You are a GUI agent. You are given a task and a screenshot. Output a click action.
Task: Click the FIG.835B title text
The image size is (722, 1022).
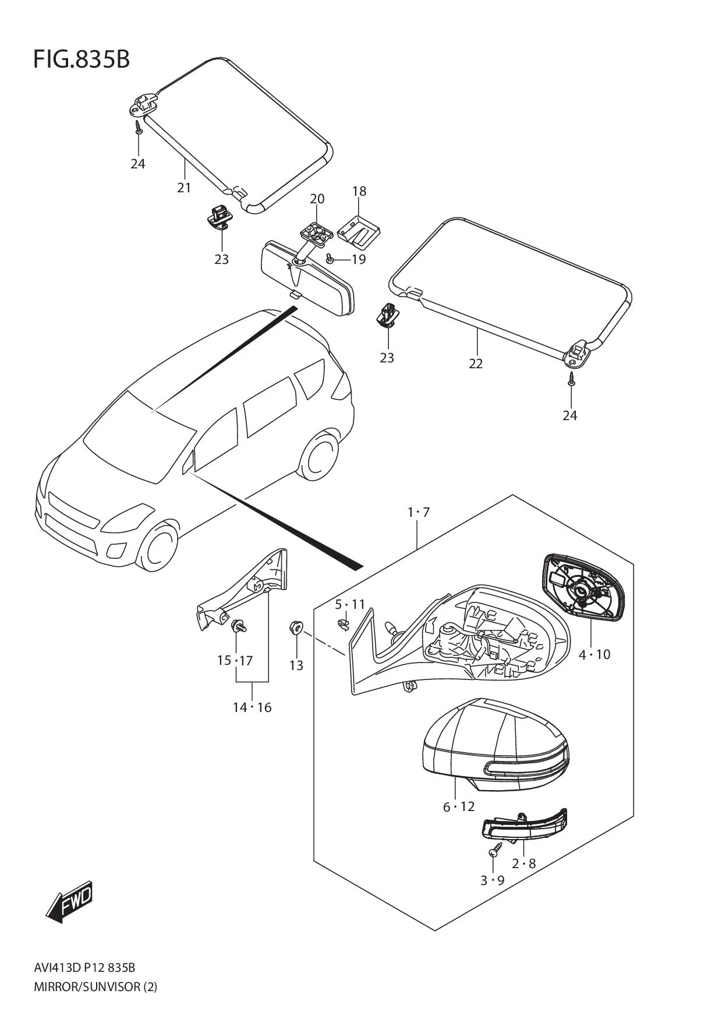click(82, 59)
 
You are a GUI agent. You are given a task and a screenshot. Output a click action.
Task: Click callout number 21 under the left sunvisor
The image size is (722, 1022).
click(184, 188)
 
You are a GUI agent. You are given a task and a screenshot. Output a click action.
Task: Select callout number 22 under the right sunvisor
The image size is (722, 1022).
click(476, 363)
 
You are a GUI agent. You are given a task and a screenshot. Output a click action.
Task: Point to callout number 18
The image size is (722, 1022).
click(359, 191)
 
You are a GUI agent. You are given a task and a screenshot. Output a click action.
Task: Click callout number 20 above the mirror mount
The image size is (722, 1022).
click(317, 199)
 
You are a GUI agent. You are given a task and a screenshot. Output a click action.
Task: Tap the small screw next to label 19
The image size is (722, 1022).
click(330, 258)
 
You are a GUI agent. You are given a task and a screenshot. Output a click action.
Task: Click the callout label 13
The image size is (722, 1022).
click(296, 665)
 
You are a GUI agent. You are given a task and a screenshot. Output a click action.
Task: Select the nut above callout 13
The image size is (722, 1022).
click(295, 628)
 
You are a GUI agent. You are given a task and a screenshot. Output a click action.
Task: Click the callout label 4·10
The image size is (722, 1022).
click(594, 654)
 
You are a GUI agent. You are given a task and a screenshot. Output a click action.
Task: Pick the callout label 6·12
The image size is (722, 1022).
click(459, 806)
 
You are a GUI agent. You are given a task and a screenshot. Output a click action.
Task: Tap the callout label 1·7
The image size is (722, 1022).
click(418, 512)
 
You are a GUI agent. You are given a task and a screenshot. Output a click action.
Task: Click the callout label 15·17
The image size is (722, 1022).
click(235, 660)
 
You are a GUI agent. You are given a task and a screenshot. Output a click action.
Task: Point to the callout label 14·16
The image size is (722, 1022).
click(252, 707)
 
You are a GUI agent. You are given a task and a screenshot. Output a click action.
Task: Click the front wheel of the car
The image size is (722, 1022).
click(159, 548)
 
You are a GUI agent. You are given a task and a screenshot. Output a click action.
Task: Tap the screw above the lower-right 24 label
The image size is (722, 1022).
click(571, 379)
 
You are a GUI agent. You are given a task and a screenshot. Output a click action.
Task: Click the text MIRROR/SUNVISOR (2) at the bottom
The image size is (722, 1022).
click(95, 986)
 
